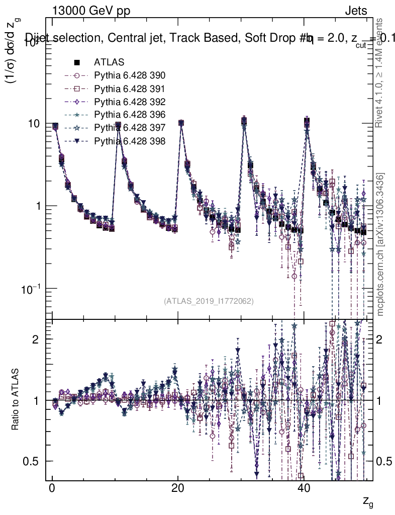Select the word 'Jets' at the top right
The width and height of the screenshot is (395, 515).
coord(356,11)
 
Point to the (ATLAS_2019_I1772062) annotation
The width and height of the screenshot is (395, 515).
coord(208,301)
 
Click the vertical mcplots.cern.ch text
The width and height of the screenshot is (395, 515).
coord(380,244)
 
